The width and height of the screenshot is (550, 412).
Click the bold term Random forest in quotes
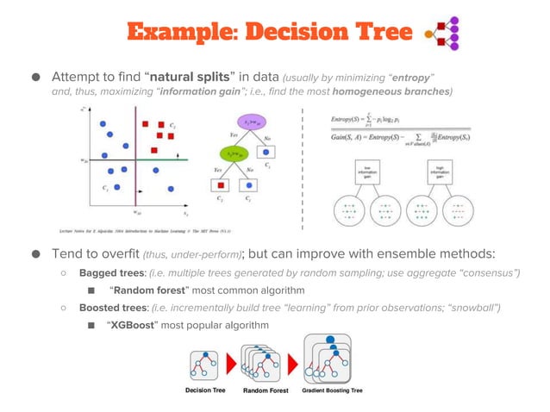(156, 290)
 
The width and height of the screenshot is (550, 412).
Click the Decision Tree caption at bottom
(206, 390)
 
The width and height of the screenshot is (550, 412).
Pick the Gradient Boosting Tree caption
(332, 390)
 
